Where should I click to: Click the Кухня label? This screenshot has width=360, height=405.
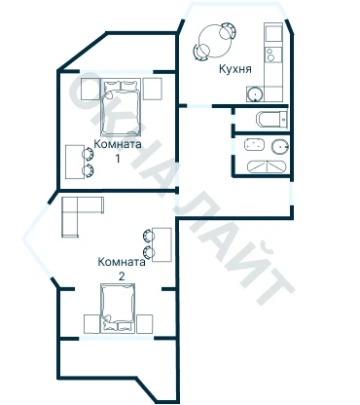[235, 69]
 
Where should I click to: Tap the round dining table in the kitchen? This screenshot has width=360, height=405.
[215, 41]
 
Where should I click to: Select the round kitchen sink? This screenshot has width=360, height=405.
[255, 94]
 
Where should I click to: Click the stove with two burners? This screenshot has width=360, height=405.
[272, 55]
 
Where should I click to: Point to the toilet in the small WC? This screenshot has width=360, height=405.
[271, 120]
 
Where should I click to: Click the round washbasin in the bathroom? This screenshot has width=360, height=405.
[279, 147]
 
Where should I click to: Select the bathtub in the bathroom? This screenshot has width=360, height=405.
[267, 166]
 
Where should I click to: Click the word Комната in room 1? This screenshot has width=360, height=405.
[118, 144]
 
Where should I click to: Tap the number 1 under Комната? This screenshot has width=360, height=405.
[118, 159]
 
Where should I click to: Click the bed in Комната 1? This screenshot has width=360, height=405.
[121, 107]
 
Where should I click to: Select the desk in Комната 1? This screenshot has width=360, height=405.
[75, 162]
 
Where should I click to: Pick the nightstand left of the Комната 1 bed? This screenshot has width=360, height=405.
[90, 89]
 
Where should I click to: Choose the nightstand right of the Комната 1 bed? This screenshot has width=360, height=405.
[153, 89]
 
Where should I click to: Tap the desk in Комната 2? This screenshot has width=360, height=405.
[162, 244]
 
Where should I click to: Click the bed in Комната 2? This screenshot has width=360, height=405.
[118, 309]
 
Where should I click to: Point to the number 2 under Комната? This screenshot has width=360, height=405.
[122, 276]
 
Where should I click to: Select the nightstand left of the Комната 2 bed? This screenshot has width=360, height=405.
[91, 323]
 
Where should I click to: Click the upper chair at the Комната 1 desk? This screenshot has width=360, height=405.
[88, 154]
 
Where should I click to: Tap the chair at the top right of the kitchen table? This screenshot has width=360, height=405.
[228, 30]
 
